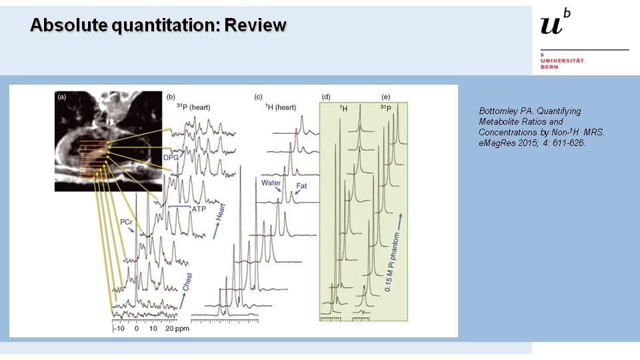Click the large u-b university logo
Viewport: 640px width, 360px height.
pos(556,24)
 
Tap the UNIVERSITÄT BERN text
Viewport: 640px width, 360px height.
pos(562,63)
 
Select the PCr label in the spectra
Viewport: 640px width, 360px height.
pos(128,221)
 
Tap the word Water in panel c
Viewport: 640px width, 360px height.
pos(271,182)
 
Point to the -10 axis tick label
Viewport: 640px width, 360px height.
pos(119,329)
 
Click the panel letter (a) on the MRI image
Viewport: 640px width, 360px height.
pos(62,97)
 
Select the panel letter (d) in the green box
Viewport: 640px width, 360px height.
pos(326,97)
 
